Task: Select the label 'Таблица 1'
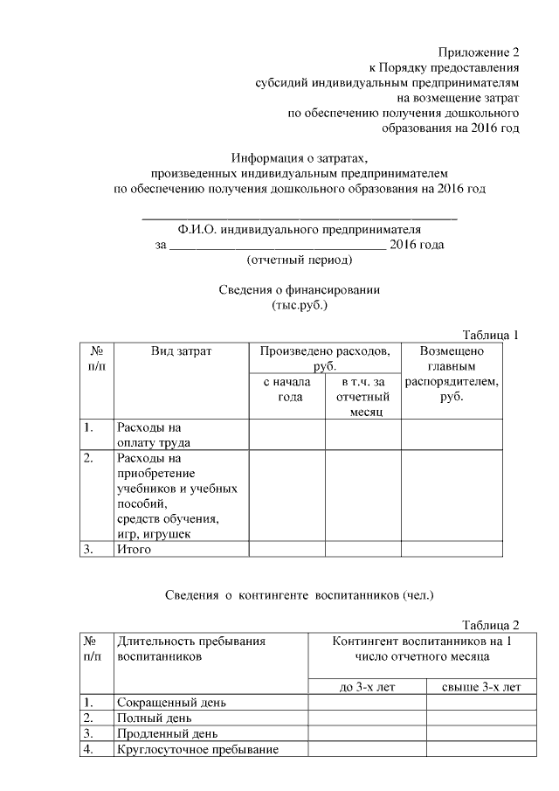[490, 335]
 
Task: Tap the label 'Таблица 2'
[490, 625]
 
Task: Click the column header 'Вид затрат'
[181, 350]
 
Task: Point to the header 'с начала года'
[287, 390]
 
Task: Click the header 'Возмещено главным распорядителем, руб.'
[452, 374]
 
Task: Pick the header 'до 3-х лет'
[367, 686]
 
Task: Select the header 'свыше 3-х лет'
[474, 686]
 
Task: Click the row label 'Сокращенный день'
[172, 703]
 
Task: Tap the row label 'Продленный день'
[167, 733]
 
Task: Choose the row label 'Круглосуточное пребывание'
[197, 749]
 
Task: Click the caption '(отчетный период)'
[300, 260]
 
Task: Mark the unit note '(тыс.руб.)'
[300, 306]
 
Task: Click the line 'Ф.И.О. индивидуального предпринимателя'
[300, 230]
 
